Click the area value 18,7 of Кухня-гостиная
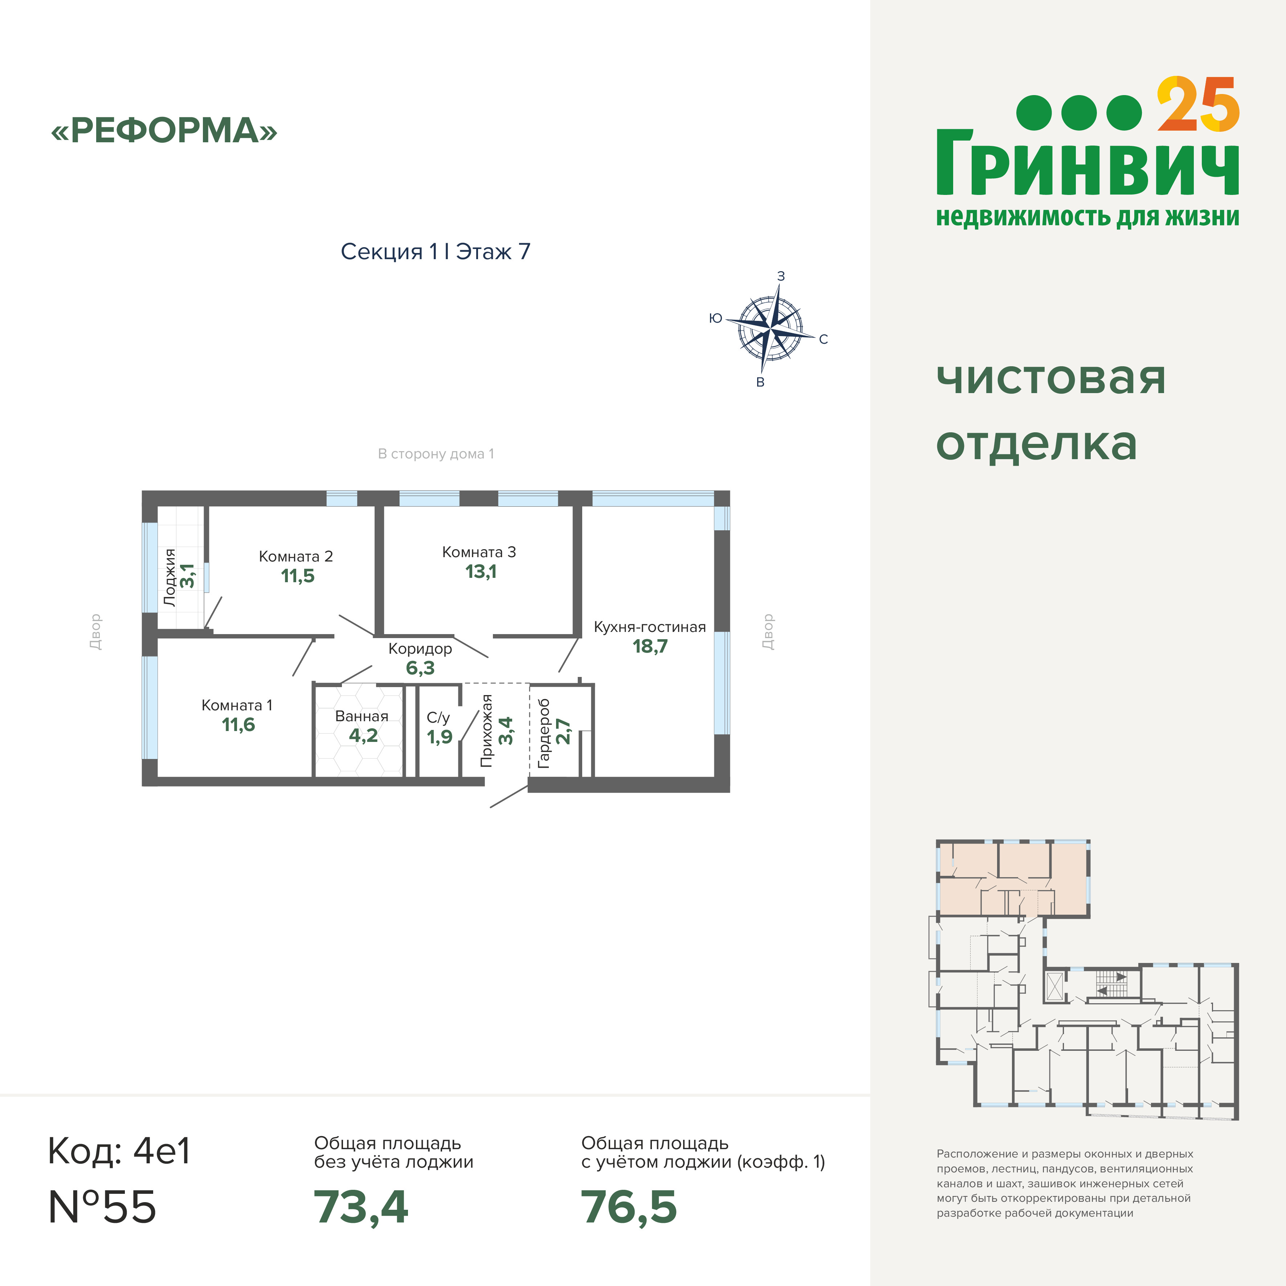[650, 646]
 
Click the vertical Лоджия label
[170, 577]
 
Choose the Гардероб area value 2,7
[563, 731]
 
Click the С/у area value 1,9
[439, 737]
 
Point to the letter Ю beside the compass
[715, 318]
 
